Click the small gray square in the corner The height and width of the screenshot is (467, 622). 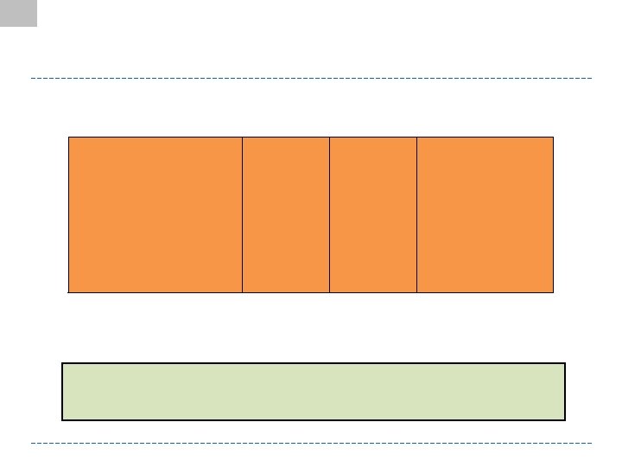[18, 13]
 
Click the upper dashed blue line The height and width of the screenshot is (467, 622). [311, 79]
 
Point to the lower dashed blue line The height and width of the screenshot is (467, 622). [311, 444]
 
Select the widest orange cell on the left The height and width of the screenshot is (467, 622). [155, 214]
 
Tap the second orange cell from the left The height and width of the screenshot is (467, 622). [286, 214]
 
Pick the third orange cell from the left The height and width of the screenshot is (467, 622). [373, 214]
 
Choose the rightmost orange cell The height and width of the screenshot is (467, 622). [485, 214]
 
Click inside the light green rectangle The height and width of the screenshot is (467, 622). [314, 392]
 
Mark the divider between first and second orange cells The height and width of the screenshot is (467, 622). [242, 214]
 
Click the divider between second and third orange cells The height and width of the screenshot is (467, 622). [329, 214]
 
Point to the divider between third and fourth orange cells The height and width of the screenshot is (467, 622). [416, 214]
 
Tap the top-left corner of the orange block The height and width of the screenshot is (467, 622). [68, 137]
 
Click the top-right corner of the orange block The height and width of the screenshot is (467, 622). [553, 137]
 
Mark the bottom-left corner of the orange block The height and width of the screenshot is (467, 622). [68, 292]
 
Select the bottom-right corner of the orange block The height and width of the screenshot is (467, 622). [553, 292]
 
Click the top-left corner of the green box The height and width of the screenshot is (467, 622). [62, 363]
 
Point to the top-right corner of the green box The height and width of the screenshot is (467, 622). [565, 363]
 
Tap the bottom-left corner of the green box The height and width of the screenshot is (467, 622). [62, 419]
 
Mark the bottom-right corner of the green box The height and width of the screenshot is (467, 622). [565, 419]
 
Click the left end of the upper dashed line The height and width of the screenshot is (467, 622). [32, 79]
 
